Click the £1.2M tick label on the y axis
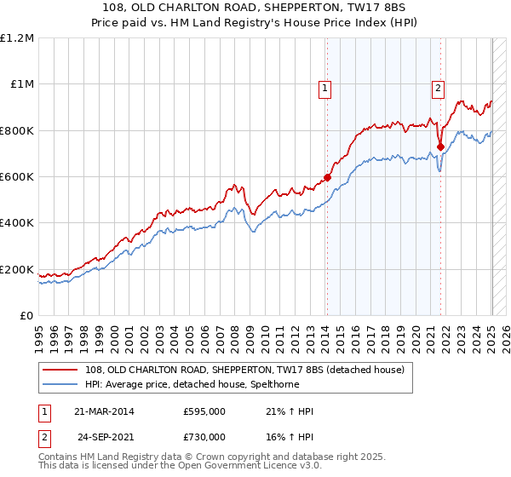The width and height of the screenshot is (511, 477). tap(17, 38)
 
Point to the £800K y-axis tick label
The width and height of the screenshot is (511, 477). tap(17, 131)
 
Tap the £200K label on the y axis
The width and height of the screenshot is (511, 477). tap(17, 270)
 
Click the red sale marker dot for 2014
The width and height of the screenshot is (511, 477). tap(327, 178)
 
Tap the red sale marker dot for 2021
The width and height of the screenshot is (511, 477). tap(440, 147)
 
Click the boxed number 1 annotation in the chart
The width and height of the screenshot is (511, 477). tap(325, 87)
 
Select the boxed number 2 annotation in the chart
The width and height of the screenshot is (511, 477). tap(438, 86)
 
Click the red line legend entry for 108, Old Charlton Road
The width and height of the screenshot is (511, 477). tap(238, 369)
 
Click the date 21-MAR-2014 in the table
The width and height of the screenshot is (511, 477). tap(104, 411)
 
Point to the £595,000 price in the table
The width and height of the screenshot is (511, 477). tap(204, 411)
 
